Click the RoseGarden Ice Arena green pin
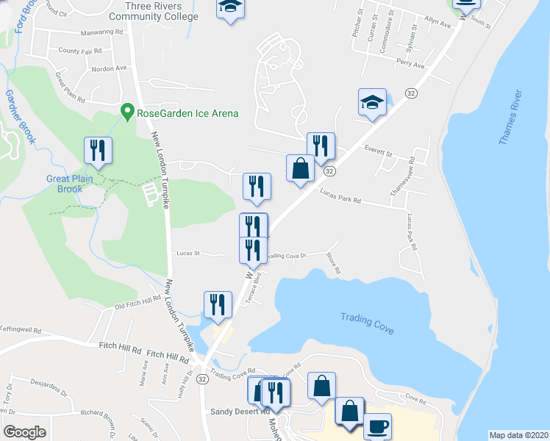127,113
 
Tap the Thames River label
511,117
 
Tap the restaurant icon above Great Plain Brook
98,151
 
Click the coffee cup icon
377,427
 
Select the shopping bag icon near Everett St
300,168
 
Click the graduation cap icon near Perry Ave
372,103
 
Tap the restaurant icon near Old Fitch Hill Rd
218,304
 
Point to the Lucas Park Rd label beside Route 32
340,196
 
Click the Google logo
24,432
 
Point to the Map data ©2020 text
518,434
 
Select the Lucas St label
188,253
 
